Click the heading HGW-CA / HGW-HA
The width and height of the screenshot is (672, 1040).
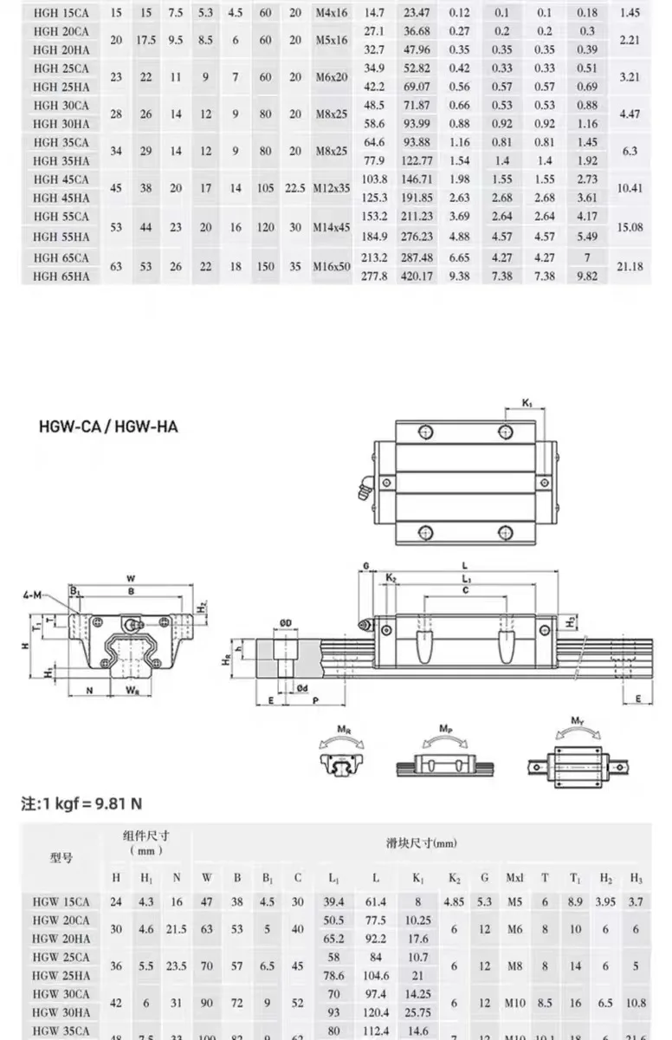pos(108,426)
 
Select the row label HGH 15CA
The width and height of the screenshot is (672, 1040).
pos(61,13)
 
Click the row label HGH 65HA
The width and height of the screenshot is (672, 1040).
pos(61,276)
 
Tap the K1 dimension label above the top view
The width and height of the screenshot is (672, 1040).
pos(528,403)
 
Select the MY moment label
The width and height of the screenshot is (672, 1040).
pos(578,720)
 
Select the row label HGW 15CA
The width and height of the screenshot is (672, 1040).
pos(61,901)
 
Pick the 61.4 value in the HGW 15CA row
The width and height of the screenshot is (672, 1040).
pos(374,901)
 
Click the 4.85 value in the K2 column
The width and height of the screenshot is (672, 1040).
pos(453,901)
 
